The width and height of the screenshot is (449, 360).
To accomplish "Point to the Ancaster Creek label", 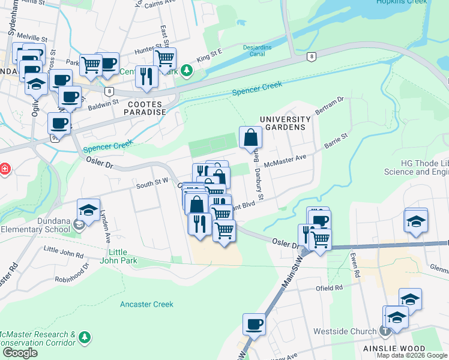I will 146,304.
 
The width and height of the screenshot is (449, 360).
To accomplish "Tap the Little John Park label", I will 123,256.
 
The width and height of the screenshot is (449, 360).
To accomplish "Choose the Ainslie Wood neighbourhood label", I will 394,349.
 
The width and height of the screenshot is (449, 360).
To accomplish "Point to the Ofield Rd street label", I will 330,288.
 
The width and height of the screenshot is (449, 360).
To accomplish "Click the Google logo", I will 20,353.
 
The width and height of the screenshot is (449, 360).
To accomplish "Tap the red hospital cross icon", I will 5,169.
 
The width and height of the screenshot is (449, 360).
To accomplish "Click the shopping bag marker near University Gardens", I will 250,137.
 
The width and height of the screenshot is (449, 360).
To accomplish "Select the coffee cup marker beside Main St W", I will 254,324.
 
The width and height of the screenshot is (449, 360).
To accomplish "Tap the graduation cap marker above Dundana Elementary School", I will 88,210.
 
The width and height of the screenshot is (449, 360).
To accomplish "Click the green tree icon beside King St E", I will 187,71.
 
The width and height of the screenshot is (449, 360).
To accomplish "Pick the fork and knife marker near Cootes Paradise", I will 146,76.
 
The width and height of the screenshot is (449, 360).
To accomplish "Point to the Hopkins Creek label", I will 402,2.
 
